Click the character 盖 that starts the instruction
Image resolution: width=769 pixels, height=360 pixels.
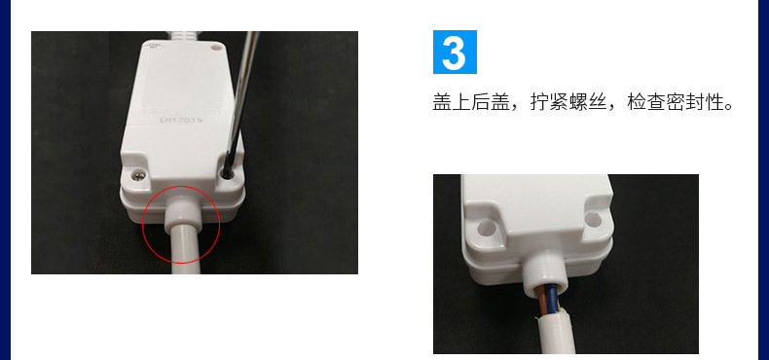tap(442, 102)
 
